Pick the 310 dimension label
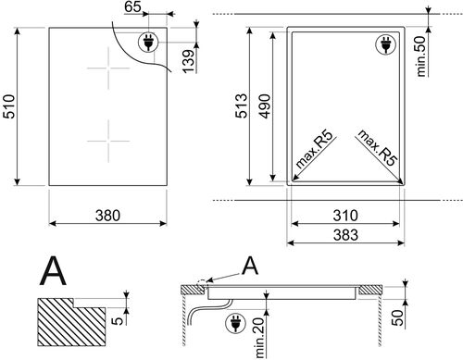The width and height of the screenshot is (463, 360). [346, 217]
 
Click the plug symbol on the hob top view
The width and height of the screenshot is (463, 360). [146, 41]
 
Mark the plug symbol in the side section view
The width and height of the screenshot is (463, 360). [234, 322]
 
